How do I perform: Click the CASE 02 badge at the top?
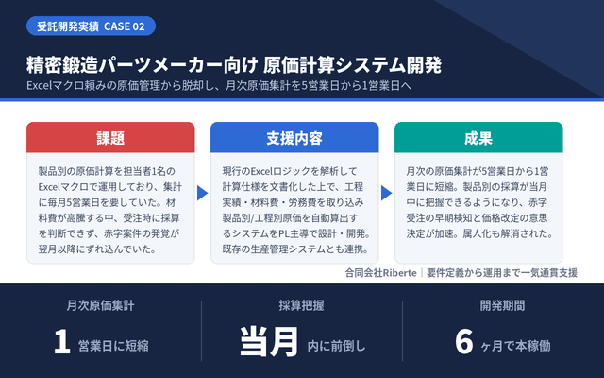pyautogui.click(x=91, y=26)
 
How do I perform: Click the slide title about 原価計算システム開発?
pyautogui.click(x=234, y=65)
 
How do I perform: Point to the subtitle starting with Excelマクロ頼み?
pyautogui.click(x=219, y=85)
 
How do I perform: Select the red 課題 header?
pyautogui.click(x=110, y=138)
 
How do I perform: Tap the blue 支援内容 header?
pyautogui.click(x=294, y=138)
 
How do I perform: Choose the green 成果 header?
pyautogui.click(x=478, y=138)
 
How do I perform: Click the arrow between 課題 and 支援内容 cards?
pyautogui.click(x=202, y=193)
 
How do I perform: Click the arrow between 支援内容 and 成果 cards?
pyautogui.click(x=386, y=193)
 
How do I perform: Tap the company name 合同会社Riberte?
pyautogui.click(x=380, y=273)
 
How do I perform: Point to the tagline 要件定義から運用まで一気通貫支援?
pyautogui.click(x=502, y=273)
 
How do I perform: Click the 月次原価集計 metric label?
pyautogui.click(x=101, y=305)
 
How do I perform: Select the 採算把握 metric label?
pyautogui.click(x=302, y=305)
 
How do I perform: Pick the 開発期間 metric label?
pyautogui.click(x=502, y=305)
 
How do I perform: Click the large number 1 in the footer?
pyautogui.click(x=62, y=341)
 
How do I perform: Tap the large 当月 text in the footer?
pyautogui.click(x=269, y=341)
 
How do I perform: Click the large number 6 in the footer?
pyautogui.click(x=464, y=341)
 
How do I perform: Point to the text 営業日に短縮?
pyautogui.click(x=113, y=346)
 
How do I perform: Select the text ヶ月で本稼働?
pyautogui.click(x=516, y=346)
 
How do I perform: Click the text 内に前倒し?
pyautogui.click(x=336, y=346)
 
